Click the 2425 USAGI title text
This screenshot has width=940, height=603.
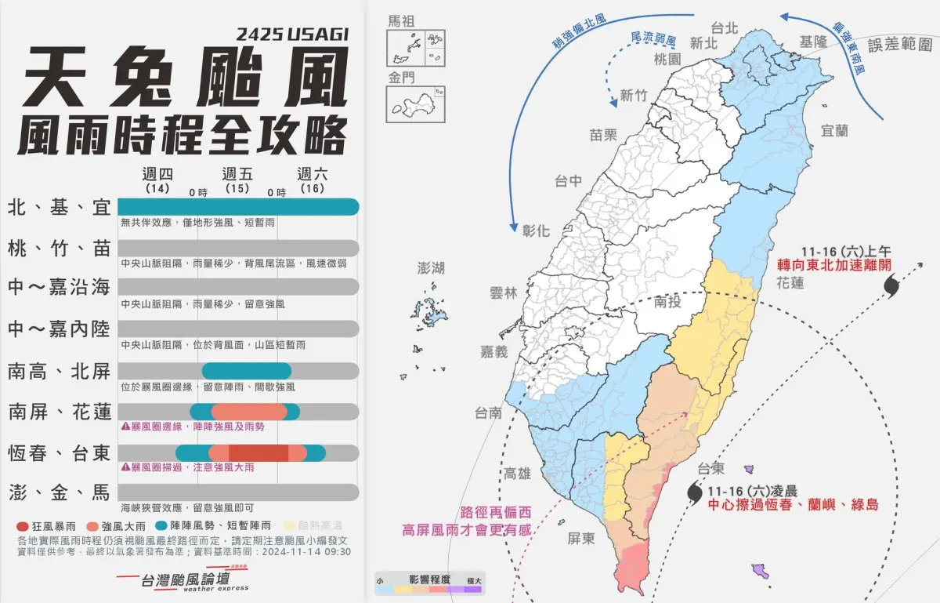[x=291, y=35]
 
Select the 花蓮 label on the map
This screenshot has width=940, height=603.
[x=790, y=282]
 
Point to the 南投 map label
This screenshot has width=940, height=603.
[x=668, y=301]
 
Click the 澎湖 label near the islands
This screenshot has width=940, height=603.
[x=431, y=268]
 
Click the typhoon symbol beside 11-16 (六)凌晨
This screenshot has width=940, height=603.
[x=695, y=492]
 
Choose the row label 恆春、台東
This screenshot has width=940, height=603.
[x=60, y=452]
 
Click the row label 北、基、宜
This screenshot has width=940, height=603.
[x=60, y=207]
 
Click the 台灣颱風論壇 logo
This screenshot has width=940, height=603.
[x=181, y=580]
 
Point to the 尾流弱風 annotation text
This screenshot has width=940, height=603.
[x=652, y=38]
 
